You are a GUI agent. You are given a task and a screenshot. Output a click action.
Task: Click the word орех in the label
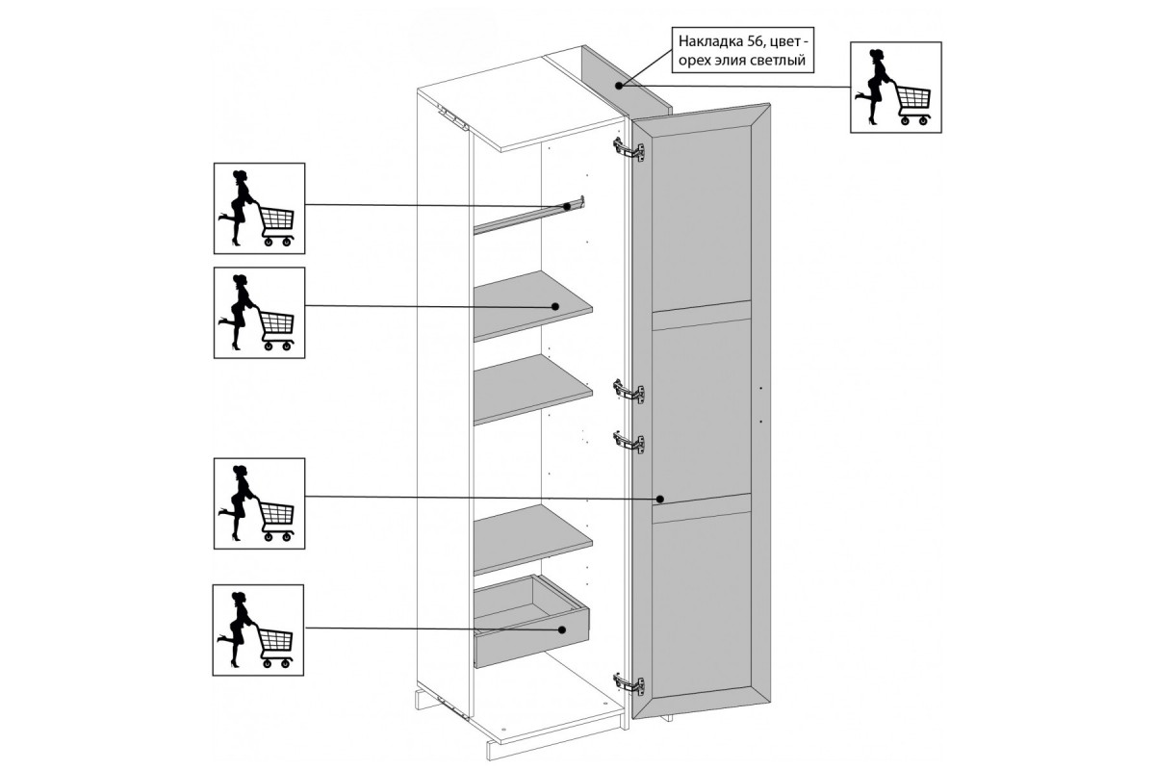click(694, 61)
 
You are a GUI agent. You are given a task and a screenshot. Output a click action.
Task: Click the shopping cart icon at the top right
click(896, 88)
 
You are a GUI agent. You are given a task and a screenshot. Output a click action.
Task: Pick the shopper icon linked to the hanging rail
click(259, 208)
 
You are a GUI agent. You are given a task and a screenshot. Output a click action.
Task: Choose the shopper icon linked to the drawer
click(258, 629)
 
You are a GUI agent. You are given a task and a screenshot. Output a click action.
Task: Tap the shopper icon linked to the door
click(259, 503)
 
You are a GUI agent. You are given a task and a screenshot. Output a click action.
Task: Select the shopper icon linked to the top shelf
click(259, 313)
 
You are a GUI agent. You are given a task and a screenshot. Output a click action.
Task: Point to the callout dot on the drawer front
click(562, 629)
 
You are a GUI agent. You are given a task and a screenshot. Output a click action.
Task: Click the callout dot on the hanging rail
click(567, 206)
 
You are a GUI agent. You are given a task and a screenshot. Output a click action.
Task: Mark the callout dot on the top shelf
click(555, 306)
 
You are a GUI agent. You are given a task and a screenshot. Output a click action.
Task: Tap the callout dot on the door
click(659, 500)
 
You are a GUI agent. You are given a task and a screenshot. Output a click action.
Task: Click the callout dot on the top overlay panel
click(619, 85)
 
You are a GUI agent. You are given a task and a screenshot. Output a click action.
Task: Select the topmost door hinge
click(629, 149)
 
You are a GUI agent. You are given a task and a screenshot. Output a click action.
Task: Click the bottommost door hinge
click(629, 684)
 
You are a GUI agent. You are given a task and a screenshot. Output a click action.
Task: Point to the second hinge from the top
click(629, 391)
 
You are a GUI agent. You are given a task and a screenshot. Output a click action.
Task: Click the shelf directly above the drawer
click(532, 538)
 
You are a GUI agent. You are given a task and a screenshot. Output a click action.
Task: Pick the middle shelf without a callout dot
click(532, 389)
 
